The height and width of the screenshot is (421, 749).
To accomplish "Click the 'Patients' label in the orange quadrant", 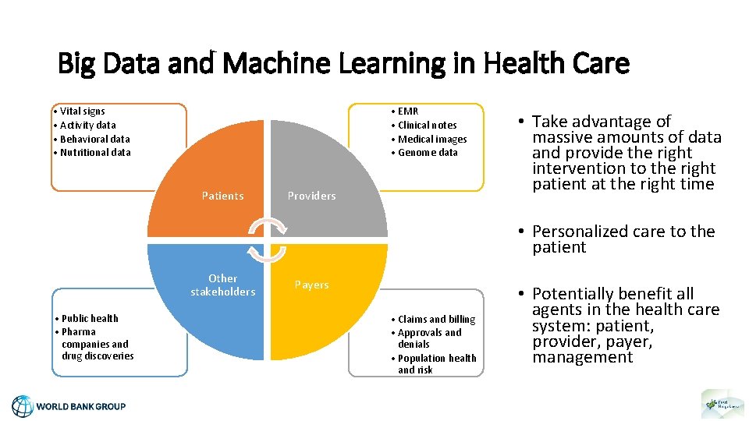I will click(222, 196).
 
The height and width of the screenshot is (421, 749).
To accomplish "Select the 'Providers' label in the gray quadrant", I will click(311, 196).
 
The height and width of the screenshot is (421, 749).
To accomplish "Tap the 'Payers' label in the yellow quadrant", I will click(311, 285).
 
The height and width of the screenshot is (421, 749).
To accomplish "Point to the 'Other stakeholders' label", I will click(222, 285).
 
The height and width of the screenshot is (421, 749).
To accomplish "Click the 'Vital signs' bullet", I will click(82, 111).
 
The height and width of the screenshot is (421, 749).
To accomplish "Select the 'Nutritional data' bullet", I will click(94, 153).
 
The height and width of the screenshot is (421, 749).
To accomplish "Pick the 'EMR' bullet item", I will click(407, 111).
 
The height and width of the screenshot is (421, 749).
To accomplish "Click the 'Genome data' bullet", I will click(428, 153).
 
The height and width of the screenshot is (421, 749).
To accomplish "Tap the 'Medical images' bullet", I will click(431, 139).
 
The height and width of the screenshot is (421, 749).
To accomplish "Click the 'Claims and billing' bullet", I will click(435, 319).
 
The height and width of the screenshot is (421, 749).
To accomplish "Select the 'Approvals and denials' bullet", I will click(429, 338).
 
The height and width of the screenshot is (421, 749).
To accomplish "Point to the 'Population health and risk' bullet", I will click(436, 364).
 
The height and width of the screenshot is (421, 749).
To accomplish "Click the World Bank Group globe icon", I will click(23, 406).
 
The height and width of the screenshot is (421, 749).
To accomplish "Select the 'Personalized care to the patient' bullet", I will click(623, 239).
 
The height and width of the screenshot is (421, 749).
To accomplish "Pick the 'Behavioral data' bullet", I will click(94, 139).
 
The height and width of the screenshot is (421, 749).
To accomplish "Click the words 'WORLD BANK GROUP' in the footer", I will click(81, 406).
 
